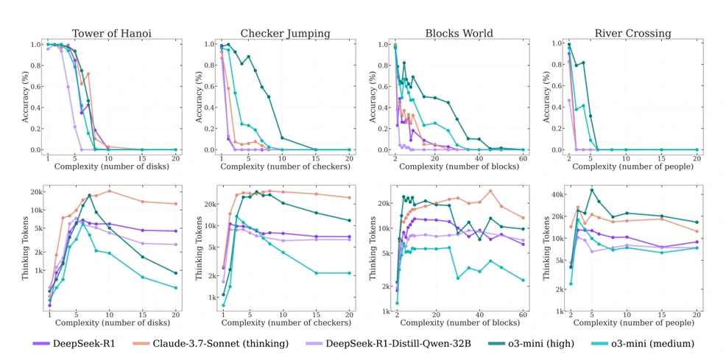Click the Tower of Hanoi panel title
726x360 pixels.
coord(112,33)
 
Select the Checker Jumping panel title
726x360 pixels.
coord(285,33)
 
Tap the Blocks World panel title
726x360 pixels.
coord(459,33)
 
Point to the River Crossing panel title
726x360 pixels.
coord(632,33)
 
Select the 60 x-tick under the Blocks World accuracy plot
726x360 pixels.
coord(523,159)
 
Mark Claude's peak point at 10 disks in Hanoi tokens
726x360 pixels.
coord(109,191)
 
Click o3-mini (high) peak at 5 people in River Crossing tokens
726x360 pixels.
coord(591,190)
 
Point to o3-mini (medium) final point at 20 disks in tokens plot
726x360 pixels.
coord(175,288)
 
